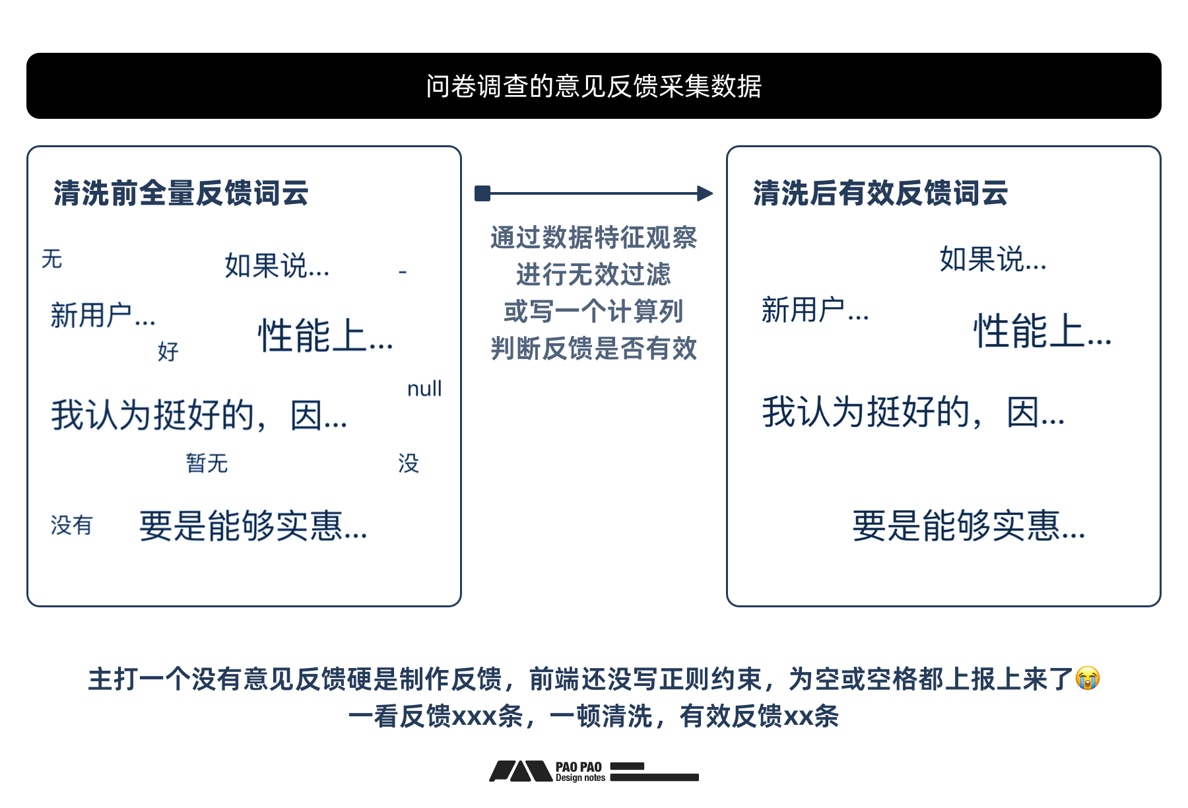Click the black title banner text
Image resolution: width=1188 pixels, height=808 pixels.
tap(593, 86)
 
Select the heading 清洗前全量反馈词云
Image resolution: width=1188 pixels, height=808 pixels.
tap(181, 193)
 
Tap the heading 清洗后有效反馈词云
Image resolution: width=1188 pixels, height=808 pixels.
tap(880, 193)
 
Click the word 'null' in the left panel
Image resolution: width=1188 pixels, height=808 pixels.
tap(424, 389)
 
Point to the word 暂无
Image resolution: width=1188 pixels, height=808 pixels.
tap(207, 463)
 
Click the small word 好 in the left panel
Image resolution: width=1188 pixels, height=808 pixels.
tap(168, 351)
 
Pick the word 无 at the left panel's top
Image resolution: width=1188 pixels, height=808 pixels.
tap(51, 259)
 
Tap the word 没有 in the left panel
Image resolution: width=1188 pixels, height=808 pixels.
tap(71, 525)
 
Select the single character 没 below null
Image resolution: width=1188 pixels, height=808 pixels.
tap(408, 463)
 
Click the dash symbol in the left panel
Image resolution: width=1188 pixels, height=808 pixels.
tap(403, 271)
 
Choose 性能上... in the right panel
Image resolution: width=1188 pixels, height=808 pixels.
tap(1042, 331)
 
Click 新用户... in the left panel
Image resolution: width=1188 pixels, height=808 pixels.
tap(103, 316)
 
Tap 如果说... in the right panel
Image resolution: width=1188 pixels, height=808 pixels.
tap(993, 259)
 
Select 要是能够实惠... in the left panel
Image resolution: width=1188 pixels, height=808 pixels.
tap(253, 526)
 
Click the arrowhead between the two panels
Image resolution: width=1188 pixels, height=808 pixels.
tap(705, 193)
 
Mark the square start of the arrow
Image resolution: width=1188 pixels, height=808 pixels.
tap(482, 193)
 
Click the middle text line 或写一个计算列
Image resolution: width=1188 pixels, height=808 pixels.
tap(593, 312)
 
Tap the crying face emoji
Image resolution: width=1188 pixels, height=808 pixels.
tap(1087, 679)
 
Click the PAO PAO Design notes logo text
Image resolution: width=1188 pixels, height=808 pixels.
tap(579, 772)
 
